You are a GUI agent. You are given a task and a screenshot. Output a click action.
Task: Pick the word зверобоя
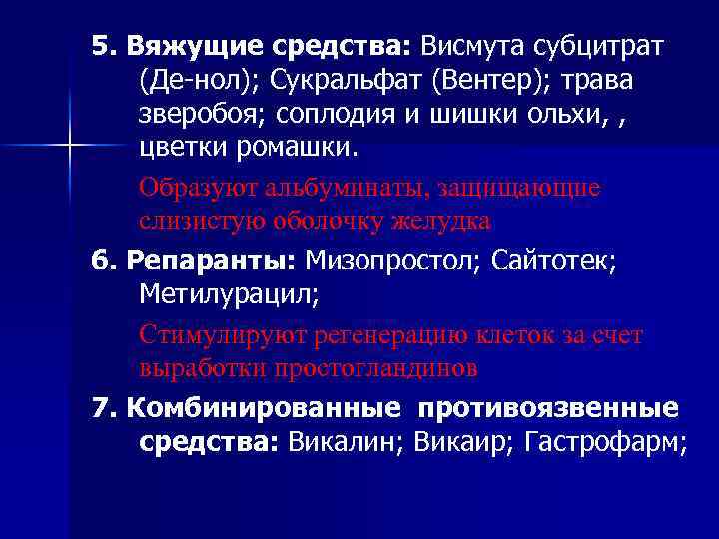(x=196, y=114)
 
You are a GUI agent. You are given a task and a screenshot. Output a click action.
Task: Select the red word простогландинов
(x=380, y=367)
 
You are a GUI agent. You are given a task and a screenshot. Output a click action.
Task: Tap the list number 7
(x=98, y=409)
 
